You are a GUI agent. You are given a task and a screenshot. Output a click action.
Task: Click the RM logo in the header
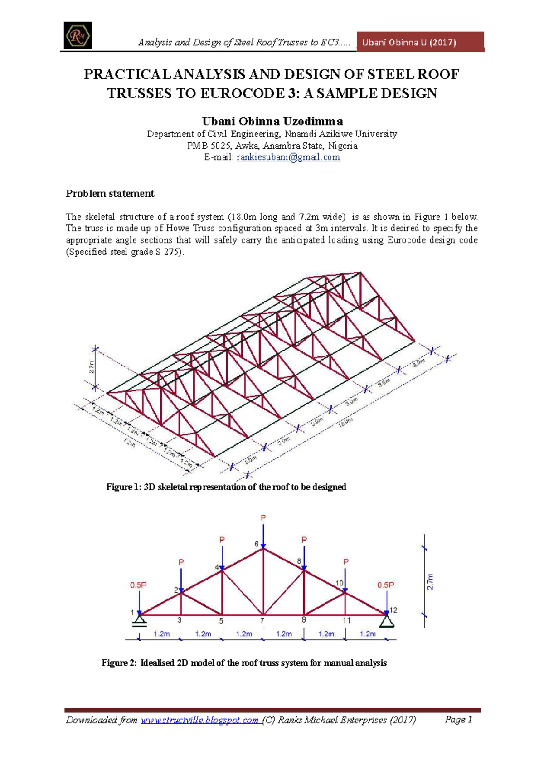coord(78,35)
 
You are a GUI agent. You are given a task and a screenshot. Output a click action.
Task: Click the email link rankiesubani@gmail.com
coord(288,157)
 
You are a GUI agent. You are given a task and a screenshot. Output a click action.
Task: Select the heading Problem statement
coord(110,194)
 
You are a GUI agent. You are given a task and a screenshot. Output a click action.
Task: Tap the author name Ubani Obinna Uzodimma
coord(272,122)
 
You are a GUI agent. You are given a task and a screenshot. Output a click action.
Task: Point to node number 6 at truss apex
coord(257,544)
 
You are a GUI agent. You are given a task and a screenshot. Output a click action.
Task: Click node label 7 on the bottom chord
coord(262,620)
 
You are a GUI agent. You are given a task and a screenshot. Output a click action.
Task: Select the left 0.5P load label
coord(138,585)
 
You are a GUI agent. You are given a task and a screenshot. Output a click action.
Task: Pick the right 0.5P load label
coord(386,585)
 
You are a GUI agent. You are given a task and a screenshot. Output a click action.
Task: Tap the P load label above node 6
coord(263,517)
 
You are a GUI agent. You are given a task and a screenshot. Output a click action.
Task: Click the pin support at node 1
coord(139,620)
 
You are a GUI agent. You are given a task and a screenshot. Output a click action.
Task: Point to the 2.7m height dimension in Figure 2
coord(430,582)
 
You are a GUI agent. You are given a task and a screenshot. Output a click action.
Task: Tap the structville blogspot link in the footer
coord(199,720)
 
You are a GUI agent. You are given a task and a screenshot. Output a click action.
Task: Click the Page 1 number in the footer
coord(459,720)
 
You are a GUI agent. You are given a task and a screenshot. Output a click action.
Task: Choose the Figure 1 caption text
coord(226,487)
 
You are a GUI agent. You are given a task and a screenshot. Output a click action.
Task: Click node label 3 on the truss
coord(180,620)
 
